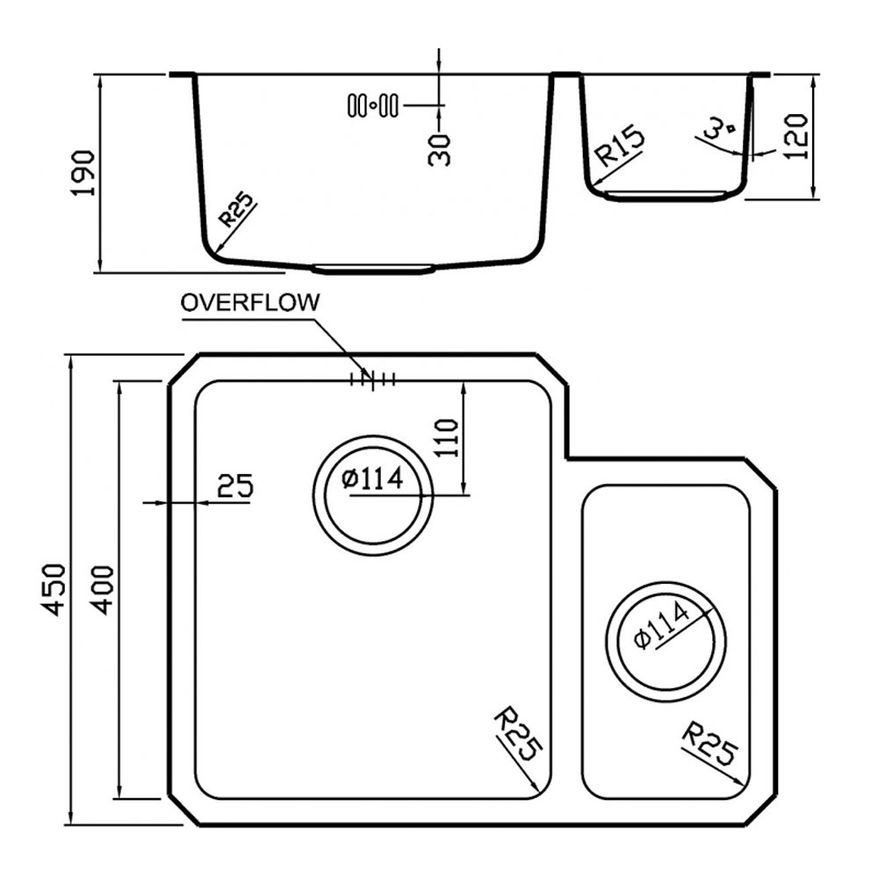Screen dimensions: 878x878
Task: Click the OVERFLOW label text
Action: [x=249, y=302]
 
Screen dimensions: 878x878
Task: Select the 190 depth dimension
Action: [x=84, y=173]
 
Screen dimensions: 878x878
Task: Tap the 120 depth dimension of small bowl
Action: [x=797, y=137]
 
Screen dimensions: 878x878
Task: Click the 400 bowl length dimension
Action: [x=103, y=590]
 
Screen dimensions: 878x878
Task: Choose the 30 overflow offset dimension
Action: [x=439, y=150]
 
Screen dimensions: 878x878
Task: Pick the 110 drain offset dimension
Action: [x=448, y=438]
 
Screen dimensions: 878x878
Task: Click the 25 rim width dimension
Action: [x=235, y=486]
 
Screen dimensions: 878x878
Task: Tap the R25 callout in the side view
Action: [x=235, y=210]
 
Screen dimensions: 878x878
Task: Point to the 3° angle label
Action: [x=720, y=129]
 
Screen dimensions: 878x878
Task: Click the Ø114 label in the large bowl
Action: [x=372, y=479]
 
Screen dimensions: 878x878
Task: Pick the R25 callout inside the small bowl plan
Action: [x=709, y=744]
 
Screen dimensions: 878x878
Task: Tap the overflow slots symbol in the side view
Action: [x=373, y=105]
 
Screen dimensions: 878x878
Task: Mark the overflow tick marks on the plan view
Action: [x=372, y=379]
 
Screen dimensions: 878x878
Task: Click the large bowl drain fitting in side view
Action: [x=373, y=269]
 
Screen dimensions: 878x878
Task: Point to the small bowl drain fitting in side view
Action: [x=665, y=195]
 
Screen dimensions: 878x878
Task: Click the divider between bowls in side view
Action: [x=565, y=75]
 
